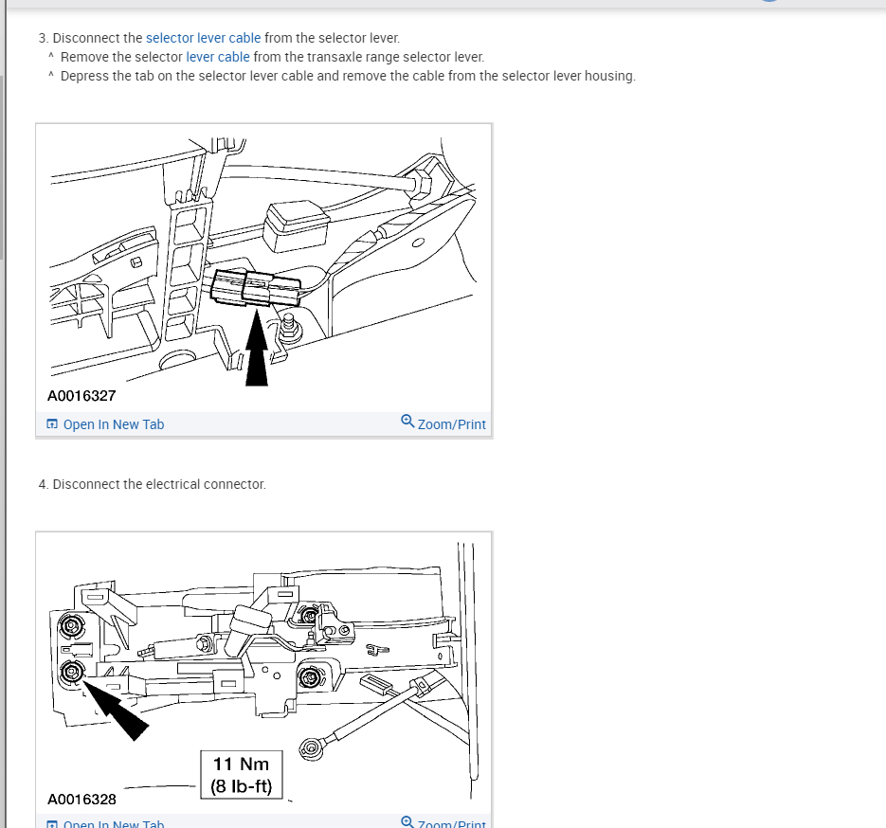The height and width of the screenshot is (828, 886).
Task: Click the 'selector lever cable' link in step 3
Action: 204,38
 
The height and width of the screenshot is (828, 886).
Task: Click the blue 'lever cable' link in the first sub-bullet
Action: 218,57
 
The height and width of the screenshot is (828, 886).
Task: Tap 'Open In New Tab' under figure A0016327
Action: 105,424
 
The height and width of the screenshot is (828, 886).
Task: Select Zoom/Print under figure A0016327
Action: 443,423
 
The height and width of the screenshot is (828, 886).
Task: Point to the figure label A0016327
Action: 81,396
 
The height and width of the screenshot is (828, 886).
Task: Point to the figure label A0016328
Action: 81,800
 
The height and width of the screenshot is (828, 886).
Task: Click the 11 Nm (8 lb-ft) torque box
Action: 242,775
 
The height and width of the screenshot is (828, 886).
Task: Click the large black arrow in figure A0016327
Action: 257,348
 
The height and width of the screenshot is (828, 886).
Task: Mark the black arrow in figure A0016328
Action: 116,710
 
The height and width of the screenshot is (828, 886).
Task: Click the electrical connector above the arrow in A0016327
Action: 256,288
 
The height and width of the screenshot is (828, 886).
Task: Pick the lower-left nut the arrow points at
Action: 72,672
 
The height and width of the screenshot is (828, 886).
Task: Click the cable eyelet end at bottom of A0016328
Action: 311,749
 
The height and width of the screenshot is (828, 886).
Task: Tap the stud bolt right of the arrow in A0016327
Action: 289,327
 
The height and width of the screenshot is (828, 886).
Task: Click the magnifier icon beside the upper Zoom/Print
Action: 407,421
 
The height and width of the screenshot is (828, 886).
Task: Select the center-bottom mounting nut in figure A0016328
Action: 310,676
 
